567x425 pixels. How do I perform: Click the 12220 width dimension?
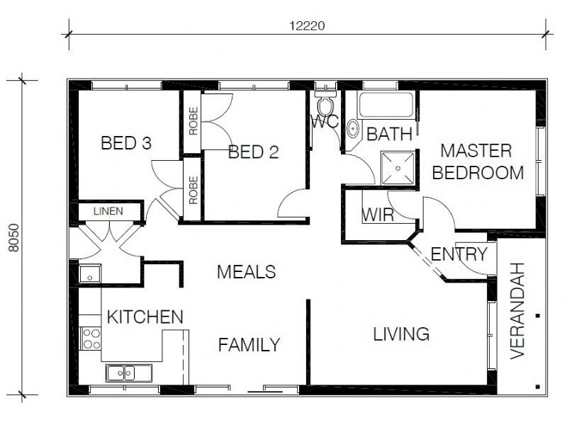click(x=307, y=26)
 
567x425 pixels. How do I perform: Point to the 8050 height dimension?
click(x=13, y=237)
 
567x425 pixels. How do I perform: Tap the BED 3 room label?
click(x=126, y=143)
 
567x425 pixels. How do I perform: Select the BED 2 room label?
click(x=254, y=152)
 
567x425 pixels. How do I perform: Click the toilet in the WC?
click(x=325, y=102)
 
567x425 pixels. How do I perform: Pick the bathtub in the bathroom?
click(x=386, y=104)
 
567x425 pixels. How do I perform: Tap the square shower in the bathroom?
click(x=398, y=168)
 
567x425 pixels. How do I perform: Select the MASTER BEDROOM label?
click(x=478, y=161)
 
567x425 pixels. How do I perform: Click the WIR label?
click(x=378, y=215)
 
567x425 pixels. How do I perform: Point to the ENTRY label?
click(x=459, y=254)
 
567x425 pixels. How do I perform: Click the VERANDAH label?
click(x=517, y=311)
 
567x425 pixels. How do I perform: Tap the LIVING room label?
click(x=401, y=334)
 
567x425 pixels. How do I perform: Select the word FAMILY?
click(x=249, y=345)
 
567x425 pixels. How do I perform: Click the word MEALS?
click(x=246, y=272)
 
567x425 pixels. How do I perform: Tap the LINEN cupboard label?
click(x=108, y=211)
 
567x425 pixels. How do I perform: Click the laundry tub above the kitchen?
click(x=90, y=273)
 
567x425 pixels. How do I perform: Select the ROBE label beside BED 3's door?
click(x=193, y=190)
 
